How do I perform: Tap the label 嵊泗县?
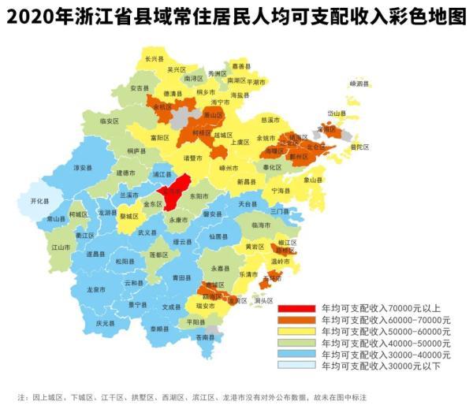359,83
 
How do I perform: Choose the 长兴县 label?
155,59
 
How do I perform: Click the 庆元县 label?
106,323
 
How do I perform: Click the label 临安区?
110,121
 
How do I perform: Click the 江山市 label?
61,247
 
